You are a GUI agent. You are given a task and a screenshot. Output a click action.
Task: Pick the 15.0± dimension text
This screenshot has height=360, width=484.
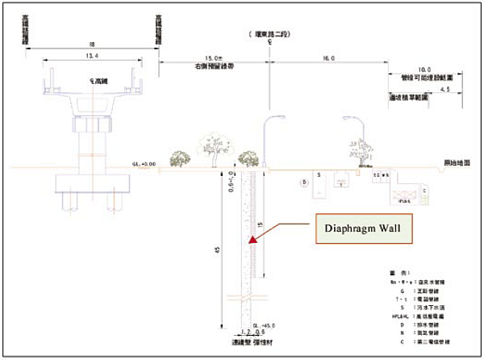click(x=213, y=58)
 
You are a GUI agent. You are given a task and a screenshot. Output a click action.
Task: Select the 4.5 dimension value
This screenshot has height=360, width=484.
click(x=440, y=91)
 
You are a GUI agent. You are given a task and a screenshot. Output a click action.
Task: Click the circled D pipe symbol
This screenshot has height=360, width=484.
click(x=306, y=183)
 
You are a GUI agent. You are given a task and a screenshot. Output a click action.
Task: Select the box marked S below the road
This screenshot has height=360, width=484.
click(x=319, y=174)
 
